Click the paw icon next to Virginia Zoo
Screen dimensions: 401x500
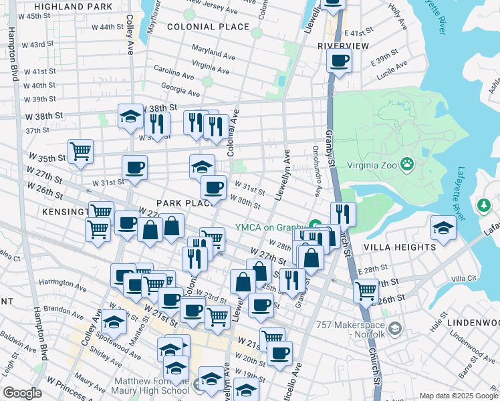[406, 164]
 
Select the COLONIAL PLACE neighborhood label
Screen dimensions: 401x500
[208, 27]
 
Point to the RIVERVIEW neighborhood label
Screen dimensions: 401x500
[343, 45]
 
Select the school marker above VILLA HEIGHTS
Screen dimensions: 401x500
[443, 227]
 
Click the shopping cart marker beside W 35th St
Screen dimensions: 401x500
[80, 150]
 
